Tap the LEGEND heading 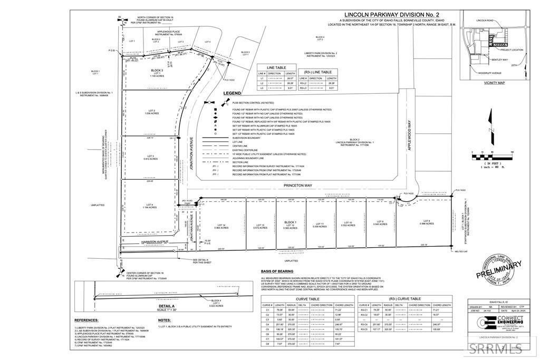point(232,93)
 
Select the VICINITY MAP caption point(494,83)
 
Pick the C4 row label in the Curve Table point(268,324)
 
